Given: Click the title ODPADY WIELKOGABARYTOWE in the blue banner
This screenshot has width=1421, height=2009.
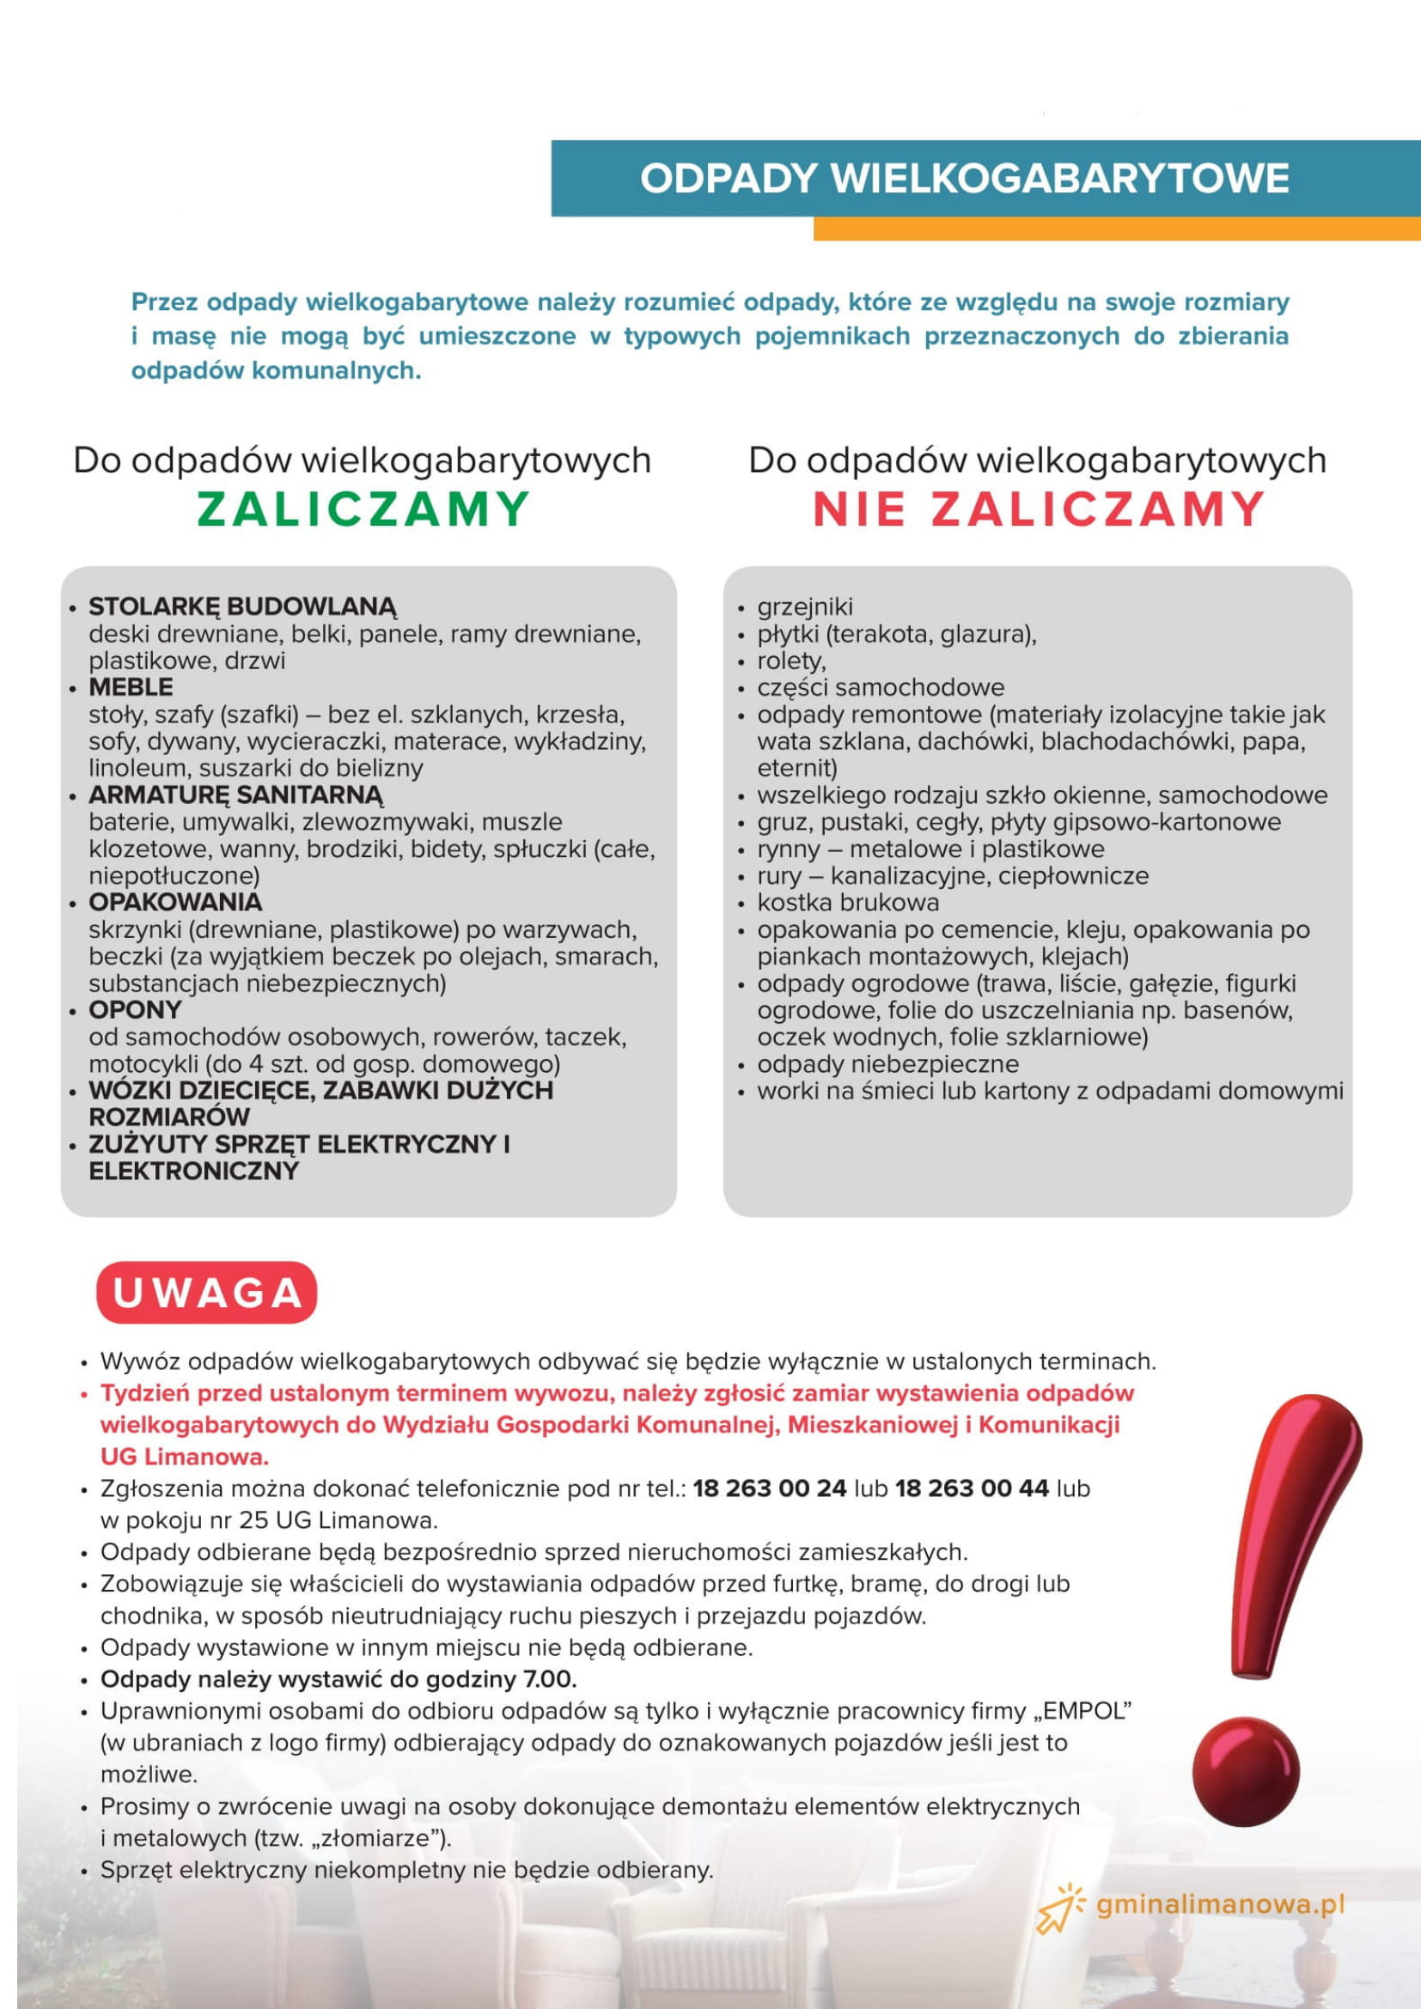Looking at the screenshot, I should pos(963,179).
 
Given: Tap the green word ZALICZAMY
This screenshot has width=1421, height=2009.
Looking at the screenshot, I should pos(363,509).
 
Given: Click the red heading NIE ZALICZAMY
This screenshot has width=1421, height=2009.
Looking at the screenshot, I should pos(1039,509).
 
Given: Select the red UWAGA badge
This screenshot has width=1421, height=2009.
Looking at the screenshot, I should pos(206,1294).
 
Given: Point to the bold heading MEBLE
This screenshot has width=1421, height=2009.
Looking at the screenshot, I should pos(131,687).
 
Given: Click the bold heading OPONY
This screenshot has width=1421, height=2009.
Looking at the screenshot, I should pos(135,1010).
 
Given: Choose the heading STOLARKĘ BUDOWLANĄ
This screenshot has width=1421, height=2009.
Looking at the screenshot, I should pos(242,606).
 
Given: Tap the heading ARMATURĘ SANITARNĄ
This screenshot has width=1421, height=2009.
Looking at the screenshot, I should pos(235,794).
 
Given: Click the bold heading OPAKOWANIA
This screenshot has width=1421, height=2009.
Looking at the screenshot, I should pos(175,902).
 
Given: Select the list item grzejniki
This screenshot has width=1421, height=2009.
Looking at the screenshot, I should pos(804,606).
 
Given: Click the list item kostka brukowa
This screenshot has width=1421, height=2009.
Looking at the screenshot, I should pos(847,902).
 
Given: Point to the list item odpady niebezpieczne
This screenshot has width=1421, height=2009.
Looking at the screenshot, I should pos(887,1064).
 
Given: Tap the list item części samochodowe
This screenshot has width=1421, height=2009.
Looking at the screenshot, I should pos(881,687).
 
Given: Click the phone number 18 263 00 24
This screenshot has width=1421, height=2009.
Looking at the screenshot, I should pos(769,1488).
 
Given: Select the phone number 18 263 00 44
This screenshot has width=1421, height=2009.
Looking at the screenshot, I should pos(972,1488).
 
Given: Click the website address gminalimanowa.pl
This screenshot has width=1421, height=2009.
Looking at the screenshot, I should pos(1219,1905).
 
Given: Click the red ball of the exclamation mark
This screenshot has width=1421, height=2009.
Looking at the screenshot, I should pos(1245,1771).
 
